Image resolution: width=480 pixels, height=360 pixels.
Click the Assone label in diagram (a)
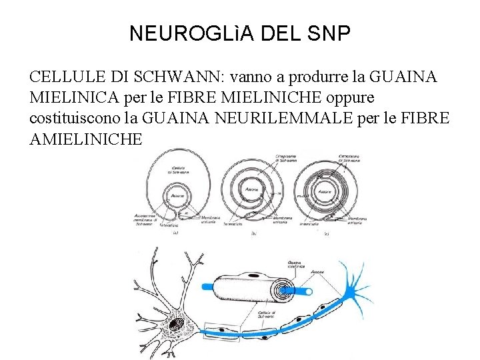178,196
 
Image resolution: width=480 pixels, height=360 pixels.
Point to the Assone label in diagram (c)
325,192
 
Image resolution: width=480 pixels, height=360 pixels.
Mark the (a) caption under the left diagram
175,233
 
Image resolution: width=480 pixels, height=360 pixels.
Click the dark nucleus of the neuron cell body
176,325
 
